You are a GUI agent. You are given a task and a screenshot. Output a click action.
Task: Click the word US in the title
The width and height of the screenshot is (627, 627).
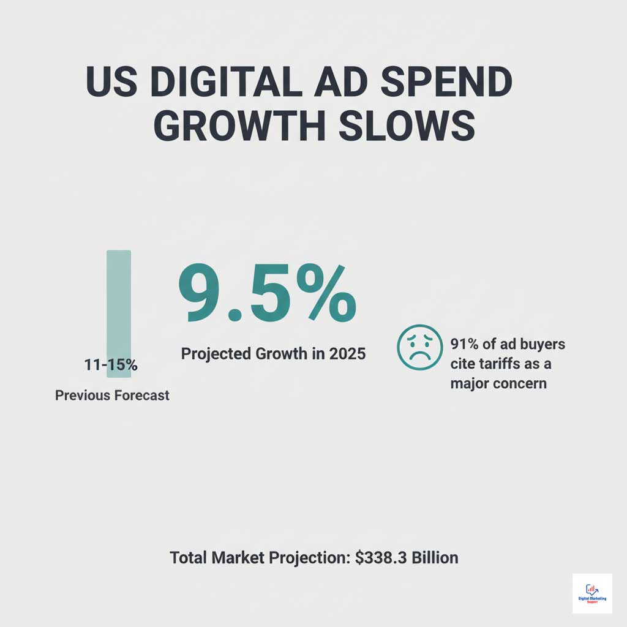point(113,82)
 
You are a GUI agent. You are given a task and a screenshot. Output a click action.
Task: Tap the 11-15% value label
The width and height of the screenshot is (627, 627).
point(110,366)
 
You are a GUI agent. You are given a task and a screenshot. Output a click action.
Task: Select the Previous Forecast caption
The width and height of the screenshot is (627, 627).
point(112,396)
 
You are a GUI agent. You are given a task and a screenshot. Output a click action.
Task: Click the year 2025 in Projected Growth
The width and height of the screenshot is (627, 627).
point(347,354)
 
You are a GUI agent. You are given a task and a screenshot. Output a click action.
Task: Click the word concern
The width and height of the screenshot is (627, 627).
point(519,383)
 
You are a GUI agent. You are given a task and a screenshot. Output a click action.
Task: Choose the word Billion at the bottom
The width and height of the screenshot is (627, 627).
point(435,558)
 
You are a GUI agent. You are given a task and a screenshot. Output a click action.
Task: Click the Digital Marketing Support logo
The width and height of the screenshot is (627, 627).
point(592,593)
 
